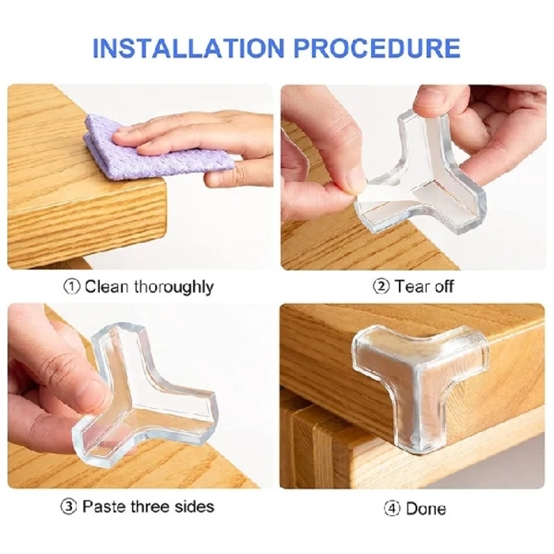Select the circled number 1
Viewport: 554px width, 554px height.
pyautogui.click(x=71, y=286)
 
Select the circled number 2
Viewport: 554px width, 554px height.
pyautogui.click(x=381, y=286)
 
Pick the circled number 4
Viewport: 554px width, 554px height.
pyautogui.click(x=391, y=508)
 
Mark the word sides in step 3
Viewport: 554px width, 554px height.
pyautogui.click(x=195, y=507)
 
